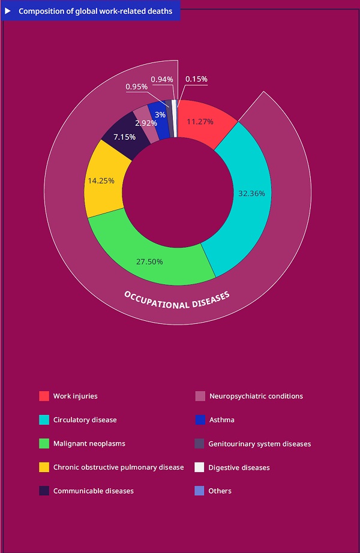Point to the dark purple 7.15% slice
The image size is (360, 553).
pos(125,136)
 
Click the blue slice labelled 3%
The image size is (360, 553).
pos(160,115)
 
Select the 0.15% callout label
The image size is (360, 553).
pos(197,79)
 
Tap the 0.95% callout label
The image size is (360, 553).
pos(136,87)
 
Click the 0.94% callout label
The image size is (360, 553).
pos(162,79)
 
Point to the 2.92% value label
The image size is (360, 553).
pos(146,123)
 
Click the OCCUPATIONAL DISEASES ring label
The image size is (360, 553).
pos(177,300)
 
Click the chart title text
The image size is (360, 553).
pos(95,11)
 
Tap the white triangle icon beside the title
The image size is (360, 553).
pos(8,11)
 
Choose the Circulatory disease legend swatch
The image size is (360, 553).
pos(44,420)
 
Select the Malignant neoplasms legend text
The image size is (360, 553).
pos(89,443)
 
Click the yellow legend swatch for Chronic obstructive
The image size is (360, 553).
pos(44,467)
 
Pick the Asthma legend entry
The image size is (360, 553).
pos(221,420)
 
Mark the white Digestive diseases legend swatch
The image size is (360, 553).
pos(200,467)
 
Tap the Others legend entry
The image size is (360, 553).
pos(220,491)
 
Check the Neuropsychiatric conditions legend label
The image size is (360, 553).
pos(256,396)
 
